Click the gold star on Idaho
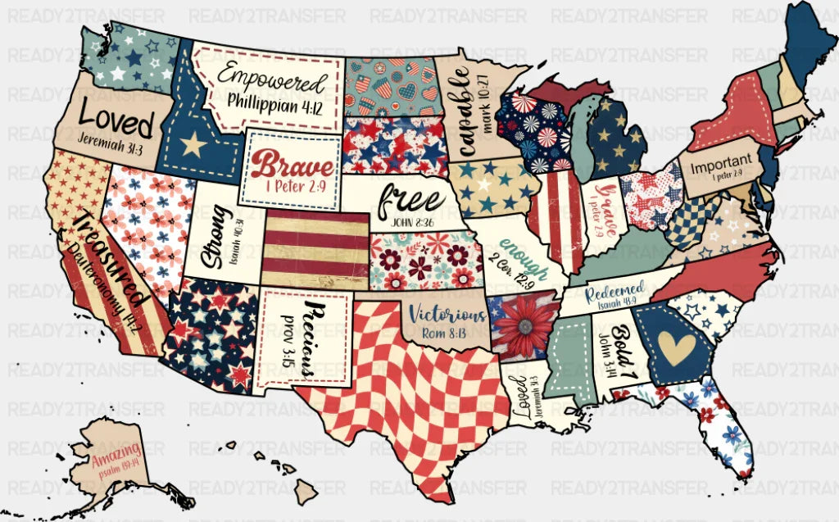tap(193, 144)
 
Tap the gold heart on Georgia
tap(677, 348)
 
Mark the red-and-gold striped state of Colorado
tap(315, 243)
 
